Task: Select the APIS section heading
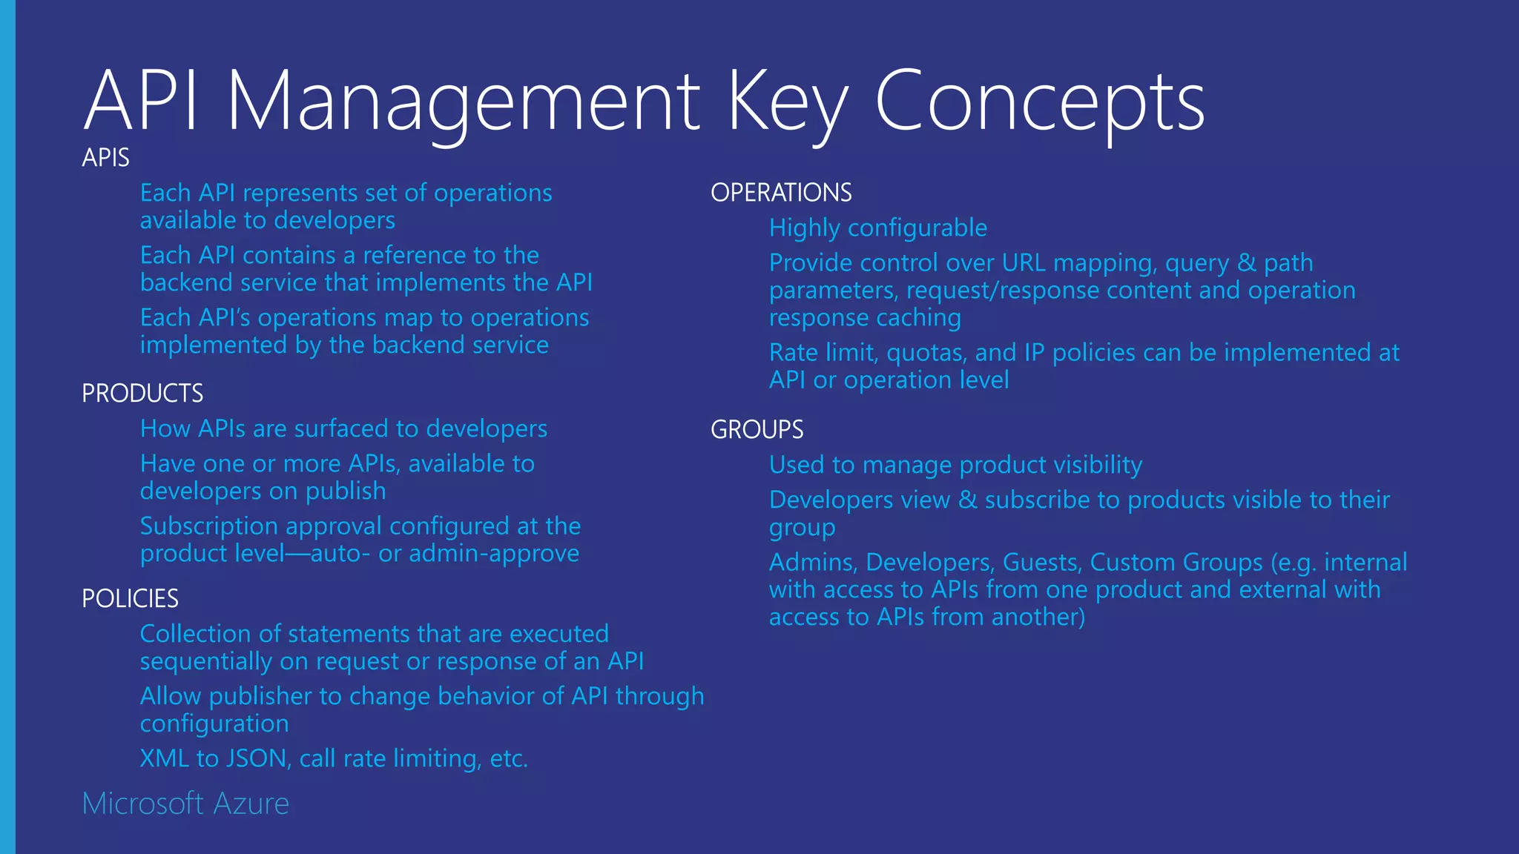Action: pyautogui.click(x=105, y=158)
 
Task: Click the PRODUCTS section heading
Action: pyautogui.click(x=142, y=394)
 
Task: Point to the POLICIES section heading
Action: pyautogui.click(x=130, y=599)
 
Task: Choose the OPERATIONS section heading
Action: pyautogui.click(x=781, y=193)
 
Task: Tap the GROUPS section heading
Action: pyautogui.click(x=757, y=430)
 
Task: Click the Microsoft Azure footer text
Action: pyautogui.click(x=185, y=804)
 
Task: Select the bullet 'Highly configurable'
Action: pyautogui.click(x=877, y=228)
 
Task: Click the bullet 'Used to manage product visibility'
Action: pyautogui.click(x=955, y=466)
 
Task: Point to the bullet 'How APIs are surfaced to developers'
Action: pyautogui.click(x=343, y=429)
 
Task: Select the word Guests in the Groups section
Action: pyautogui.click(x=1042, y=563)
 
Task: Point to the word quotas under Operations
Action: pyautogui.click(x=926, y=354)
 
